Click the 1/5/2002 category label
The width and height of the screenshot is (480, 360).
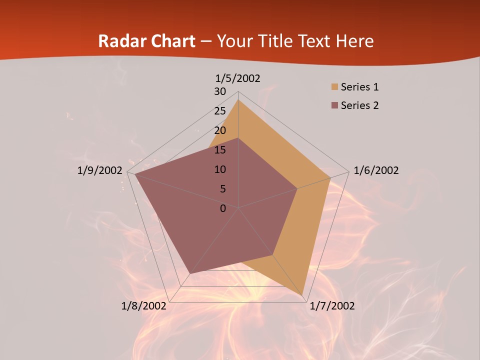click(x=238, y=78)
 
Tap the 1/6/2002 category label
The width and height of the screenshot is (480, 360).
click(x=376, y=170)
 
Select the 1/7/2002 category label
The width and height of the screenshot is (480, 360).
click(x=332, y=306)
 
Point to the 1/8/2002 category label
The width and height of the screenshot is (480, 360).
click(x=144, y=306)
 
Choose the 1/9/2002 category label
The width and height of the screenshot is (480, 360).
click(x=100, y=170)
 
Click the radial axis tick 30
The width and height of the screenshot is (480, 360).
click(x=220, y=91)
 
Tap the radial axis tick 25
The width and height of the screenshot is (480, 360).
click(x=220, y=111)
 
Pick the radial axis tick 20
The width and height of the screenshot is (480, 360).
click(x=220, y=130)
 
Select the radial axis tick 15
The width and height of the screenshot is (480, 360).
click(x=220, y=150)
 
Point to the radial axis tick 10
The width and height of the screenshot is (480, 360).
click(x=220, y=169)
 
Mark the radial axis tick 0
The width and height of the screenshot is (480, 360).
click(x=223, y=208)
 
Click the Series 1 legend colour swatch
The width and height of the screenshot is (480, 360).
click(x=334, y=87)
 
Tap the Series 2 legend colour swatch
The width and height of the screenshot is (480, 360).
click(x=334, y=105)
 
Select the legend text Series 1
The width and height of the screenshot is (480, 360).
click(x=359, y=87)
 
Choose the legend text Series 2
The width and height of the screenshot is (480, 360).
click(x=359, y=105)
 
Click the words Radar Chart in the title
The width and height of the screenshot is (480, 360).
click(x=146, y=41)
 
